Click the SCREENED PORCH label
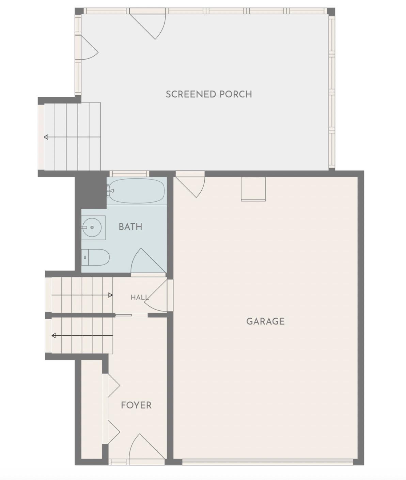click(209, 94)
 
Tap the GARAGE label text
click(265, 321)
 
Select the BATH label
click(130, 227)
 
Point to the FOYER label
click(136, 405)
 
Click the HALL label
click(140, 297)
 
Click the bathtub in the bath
click(137, 191)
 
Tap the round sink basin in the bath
click(92, 227)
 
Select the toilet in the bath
click(95, 257)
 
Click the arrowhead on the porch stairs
click(46, 137)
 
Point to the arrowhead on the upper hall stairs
click(110, 295)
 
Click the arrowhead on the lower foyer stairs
click(53, 336)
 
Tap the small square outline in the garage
click(253, 189)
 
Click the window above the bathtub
click(129, 174)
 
